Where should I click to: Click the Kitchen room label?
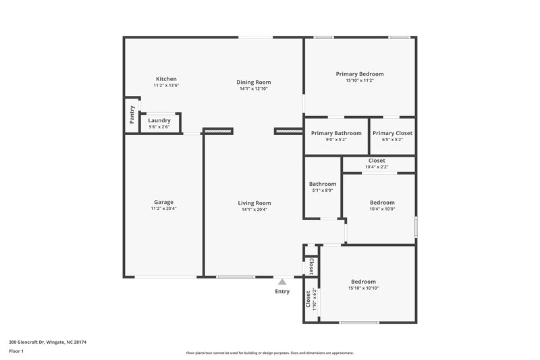pyautogui.click(x=166, y=79)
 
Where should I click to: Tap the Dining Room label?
pyautogui.click(x=253, y=82)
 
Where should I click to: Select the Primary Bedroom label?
pyautogui.click(x=360, y=74)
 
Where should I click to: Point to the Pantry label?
pyautogui.click(x=132, y=114)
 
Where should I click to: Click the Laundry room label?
pyautogui.click(x=159, y=120)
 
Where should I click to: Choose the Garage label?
pyautogui.click(x=164, y=202)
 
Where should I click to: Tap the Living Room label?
pyautogui.click(x=254, y=203)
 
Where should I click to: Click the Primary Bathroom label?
pyautogui.click(x=336, y=133)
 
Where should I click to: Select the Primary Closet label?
pyautogui.click(x=392, y=133)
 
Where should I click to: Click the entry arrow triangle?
pyautogui.click(x=282, y=282)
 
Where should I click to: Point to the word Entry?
pyautogui.click(x=282, y=292)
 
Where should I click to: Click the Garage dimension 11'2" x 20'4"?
pyautogui.click(x=164, y=209)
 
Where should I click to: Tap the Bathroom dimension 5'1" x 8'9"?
pyautogui.click(x=323, y=190)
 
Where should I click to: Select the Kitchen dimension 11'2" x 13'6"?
pyautogui.click(x=166, y=86)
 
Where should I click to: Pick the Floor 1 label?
pyautogui.click(x=17, y=351)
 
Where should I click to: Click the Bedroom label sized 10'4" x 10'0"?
pyautogui.click(x=382, y=203)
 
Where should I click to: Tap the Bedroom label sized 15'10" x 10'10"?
pyautogui.click(x=363, y=282)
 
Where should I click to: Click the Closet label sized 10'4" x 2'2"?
pyautogui.click(x=377, y=161)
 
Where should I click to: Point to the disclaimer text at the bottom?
pyautogui.click(x=270, y=353)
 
